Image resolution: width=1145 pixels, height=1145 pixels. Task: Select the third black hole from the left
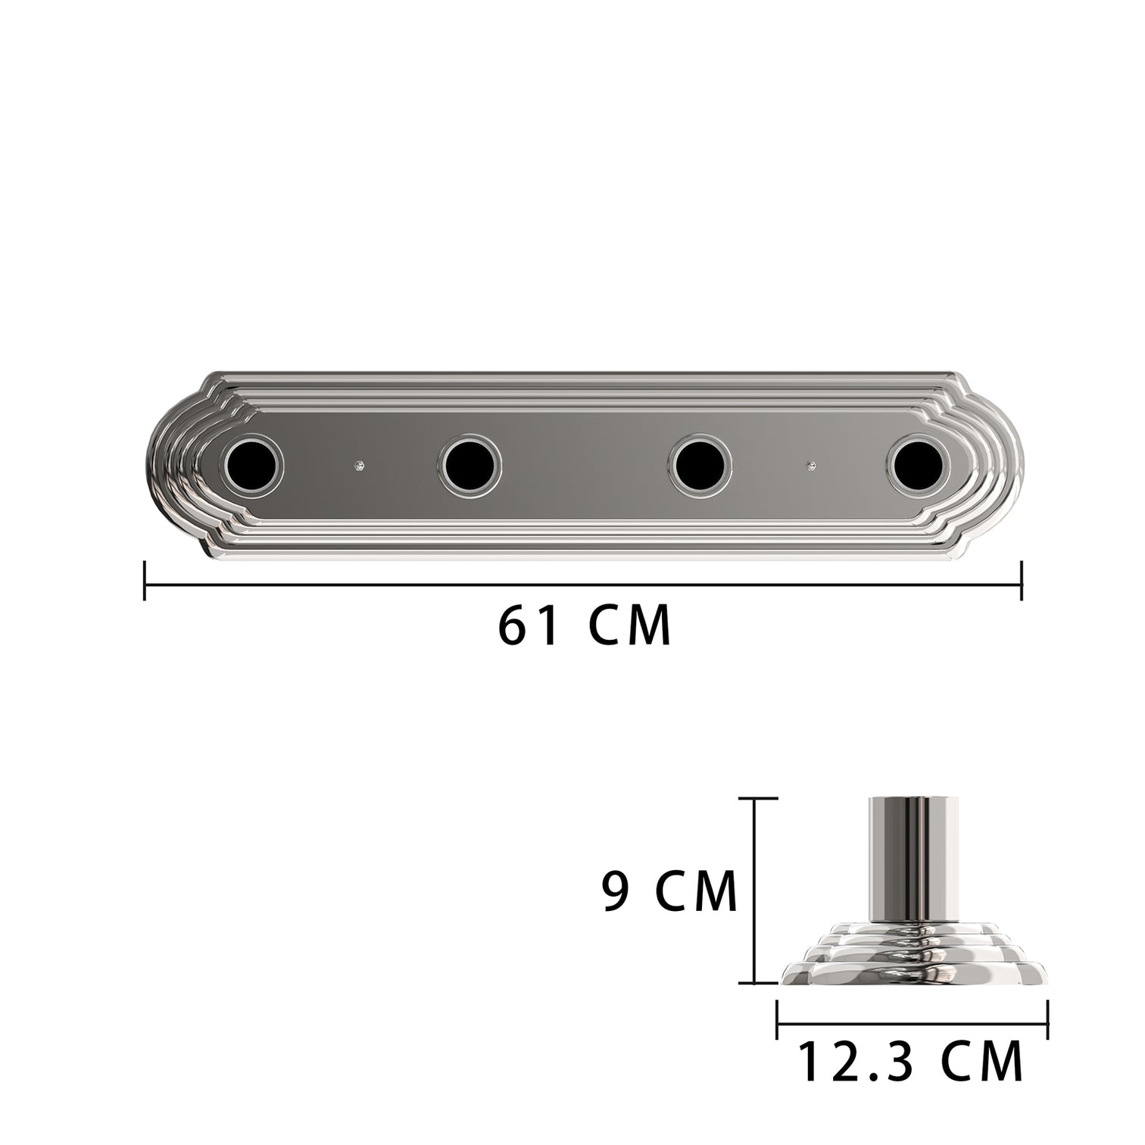[x=701, y=466]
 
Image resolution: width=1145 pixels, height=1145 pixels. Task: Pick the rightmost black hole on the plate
[x=918, y=464]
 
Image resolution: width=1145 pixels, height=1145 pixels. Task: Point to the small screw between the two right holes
[x=812, y=464]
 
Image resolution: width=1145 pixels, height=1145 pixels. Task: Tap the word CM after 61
[x=629, y=626]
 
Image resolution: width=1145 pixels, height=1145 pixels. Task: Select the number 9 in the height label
[x=617, y=892]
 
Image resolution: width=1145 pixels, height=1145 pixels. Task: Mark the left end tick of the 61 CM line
[x=145, y=581]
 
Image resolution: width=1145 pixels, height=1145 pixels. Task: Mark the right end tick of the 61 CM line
[x=1022, y=581]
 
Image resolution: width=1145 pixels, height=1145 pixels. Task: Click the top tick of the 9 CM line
[x=757, y=798]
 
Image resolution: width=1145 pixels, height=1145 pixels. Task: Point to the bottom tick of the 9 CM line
[x=757, y=983]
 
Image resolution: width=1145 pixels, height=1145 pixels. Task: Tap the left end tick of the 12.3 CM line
[x=778, y=1019]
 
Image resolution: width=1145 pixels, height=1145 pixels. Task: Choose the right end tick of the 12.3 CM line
[x=1047, y=1019]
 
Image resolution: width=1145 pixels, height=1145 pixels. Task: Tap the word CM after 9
[x=696, y=892]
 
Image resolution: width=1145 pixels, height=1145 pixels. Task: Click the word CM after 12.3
[x=982, y=1063]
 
